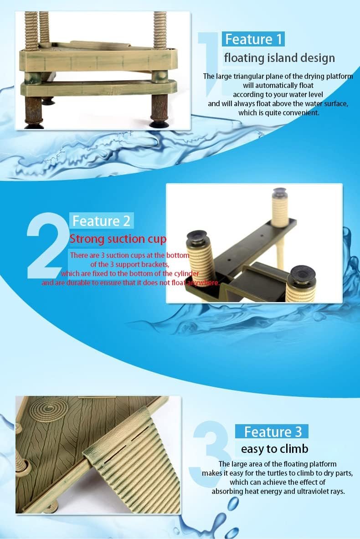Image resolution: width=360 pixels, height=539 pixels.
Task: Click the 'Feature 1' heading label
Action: coord(253,39)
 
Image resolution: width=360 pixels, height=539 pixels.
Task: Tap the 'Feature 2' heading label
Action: coord(102,221)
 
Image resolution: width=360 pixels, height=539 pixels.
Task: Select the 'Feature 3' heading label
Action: coord(273,431)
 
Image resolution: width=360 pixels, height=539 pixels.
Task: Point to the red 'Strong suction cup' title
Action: coord(118,239)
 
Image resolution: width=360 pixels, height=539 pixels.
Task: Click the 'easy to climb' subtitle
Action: coord(274,449)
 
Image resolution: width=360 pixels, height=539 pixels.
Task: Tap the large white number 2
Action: coord(47,245)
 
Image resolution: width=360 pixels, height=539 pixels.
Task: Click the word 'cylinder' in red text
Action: coord(185,274)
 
